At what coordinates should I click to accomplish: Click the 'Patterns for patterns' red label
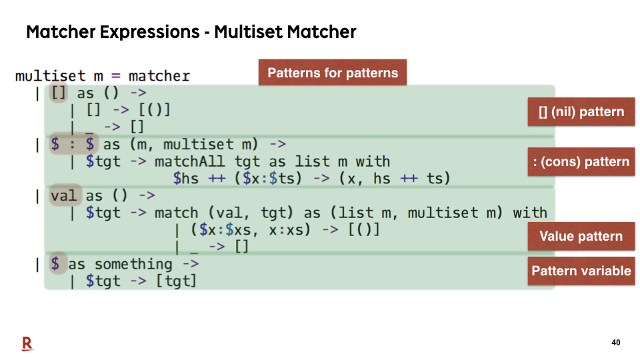[x=333, y=73]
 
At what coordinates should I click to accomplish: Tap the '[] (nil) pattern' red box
[x=581, y=112]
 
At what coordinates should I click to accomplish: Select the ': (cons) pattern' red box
[x=581, y=161]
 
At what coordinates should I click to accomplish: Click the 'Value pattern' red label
[x=581, y=236]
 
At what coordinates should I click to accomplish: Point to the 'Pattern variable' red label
[x=581, y=271]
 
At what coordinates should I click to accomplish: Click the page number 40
[x=616, y=343]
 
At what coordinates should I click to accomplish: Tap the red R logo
[x=27, y=344]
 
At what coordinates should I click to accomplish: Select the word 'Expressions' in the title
[x=150, y=32]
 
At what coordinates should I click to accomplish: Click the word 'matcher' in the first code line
[x=159, y=76]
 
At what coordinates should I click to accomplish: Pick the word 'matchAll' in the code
[x=189, y=161]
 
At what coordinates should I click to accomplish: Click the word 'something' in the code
[x=133, y=265]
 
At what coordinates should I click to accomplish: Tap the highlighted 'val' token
[x=65, y=195]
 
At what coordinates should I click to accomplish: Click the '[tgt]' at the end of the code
[x=177, y=281]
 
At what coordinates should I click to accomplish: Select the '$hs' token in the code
[x=186, y=179]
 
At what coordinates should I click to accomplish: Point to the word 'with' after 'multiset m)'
[x=530, y=213]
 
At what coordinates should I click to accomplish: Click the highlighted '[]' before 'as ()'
[x=59, y=93]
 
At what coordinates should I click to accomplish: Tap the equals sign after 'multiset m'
[x=116, y=76]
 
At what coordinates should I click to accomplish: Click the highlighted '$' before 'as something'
[x=56, y=264]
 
